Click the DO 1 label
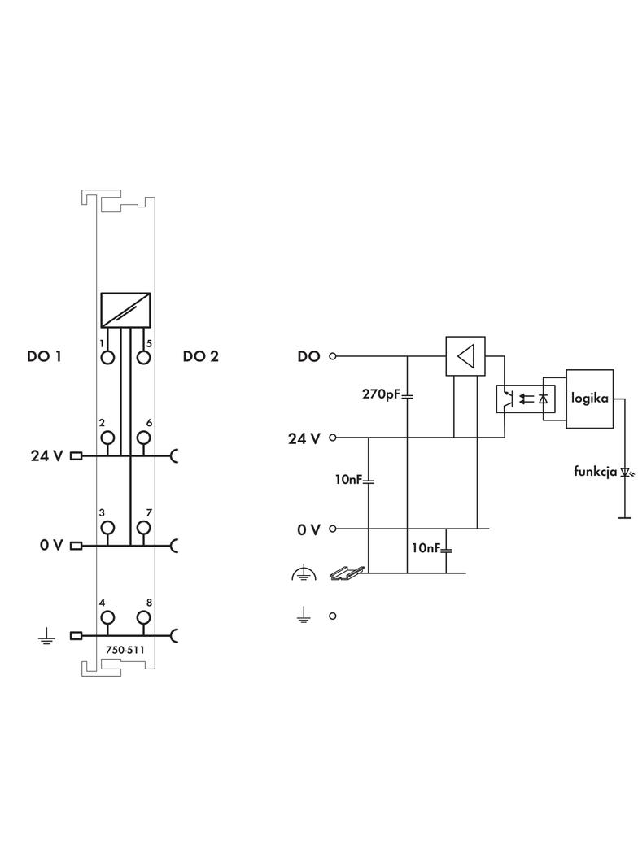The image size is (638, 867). (x=44, y=356)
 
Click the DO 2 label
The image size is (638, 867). (x=200, y=356)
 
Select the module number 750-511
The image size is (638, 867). (x=125, y=650)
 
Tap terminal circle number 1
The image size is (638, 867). (x=107, y=357)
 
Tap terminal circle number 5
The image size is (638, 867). (x=144, y=357)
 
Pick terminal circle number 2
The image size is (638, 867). (x=107, y=438)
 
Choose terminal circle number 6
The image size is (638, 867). (x=144, y=438)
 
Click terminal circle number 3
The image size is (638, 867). (x=107, y=528)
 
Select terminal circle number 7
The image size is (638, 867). (x=144, y=528)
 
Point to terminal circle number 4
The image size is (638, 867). (x=107, y=618)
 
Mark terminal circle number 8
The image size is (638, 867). (x=144, y=618)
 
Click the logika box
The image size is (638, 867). (x=590, y=399)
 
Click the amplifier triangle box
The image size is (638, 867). (x=465, y=356)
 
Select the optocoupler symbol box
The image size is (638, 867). (x=526, y=399)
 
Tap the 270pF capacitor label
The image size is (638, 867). (x=381, y=394)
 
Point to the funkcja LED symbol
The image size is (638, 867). (x=626, y=472)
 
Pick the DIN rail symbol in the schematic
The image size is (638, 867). (x=341, y=574)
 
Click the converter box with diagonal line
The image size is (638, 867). (x=125, y=310)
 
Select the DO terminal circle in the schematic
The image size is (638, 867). (x=333, y=356)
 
